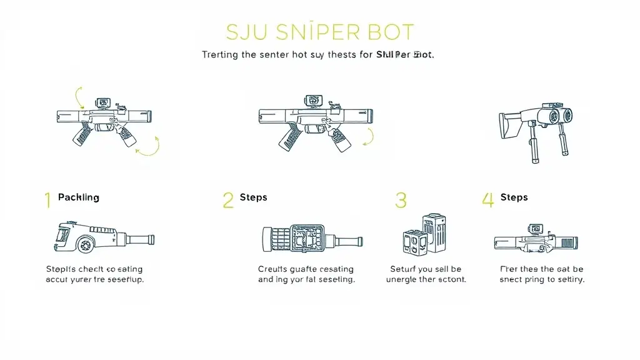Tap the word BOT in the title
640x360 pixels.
387,32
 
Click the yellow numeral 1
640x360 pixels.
47,200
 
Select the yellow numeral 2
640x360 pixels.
227,200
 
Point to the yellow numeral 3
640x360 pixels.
401,200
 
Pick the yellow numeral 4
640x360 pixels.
487,200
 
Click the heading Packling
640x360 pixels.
78,197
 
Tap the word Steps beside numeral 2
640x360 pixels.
253,197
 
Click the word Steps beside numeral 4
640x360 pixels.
514,197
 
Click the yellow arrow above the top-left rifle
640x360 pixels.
80,97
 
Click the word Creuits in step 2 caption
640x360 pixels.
273,269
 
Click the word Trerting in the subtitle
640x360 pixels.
220,55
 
